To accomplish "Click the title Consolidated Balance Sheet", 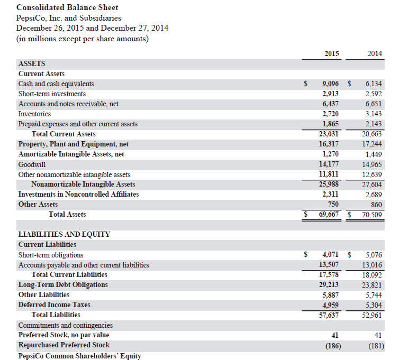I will point(67,7).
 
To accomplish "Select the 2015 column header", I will point(331,53).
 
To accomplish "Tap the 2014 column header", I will point(374,53).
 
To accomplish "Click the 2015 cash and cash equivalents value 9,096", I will point(330,84).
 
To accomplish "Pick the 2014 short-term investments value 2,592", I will point(374,94).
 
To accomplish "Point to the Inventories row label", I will point(34,114).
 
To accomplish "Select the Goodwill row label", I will point(32,164).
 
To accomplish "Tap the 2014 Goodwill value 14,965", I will point(373,164).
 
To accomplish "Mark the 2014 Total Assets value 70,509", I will point(373,215).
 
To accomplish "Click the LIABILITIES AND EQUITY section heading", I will point(64,234).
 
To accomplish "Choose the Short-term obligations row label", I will point(51,255).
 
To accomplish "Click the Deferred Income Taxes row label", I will point(54,304).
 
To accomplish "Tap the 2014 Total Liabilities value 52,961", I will point(373,315).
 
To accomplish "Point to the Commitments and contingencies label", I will point(65,325).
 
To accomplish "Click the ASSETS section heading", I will point(31,63).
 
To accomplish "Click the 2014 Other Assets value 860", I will point(376,204).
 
